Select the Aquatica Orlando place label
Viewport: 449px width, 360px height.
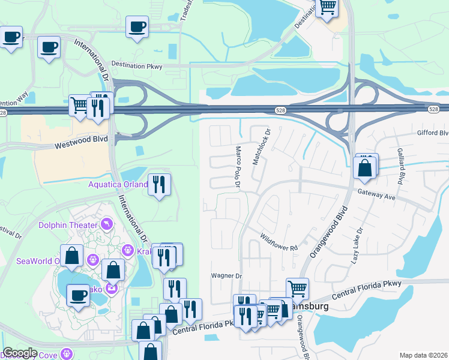[x=118, y=184]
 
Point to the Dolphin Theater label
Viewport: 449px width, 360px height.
[x=68, y=225]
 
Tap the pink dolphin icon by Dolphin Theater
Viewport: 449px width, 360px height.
[x=107, y=224]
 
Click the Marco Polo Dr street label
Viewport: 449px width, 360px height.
[x=238, y=167]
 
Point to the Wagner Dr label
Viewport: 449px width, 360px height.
[x=226, y=276]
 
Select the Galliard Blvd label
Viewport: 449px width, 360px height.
[x=400, y=167]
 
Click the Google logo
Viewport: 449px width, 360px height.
[x=19, y=353]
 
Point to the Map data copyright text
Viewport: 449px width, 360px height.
[x=423, y=355]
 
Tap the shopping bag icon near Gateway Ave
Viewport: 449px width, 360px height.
[x=366, y=167]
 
